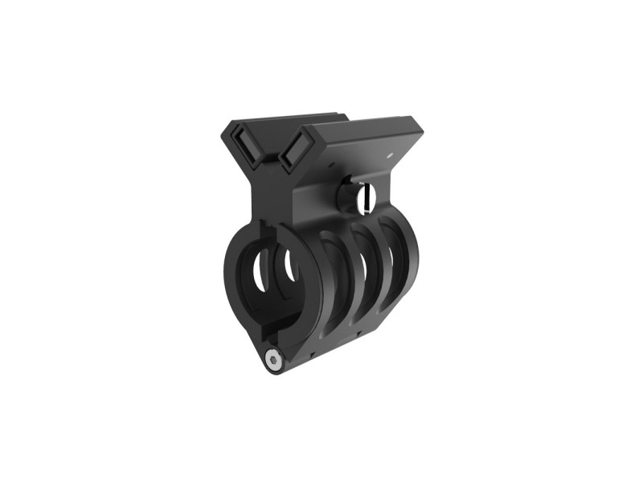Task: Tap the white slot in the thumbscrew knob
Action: click(367, 195)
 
